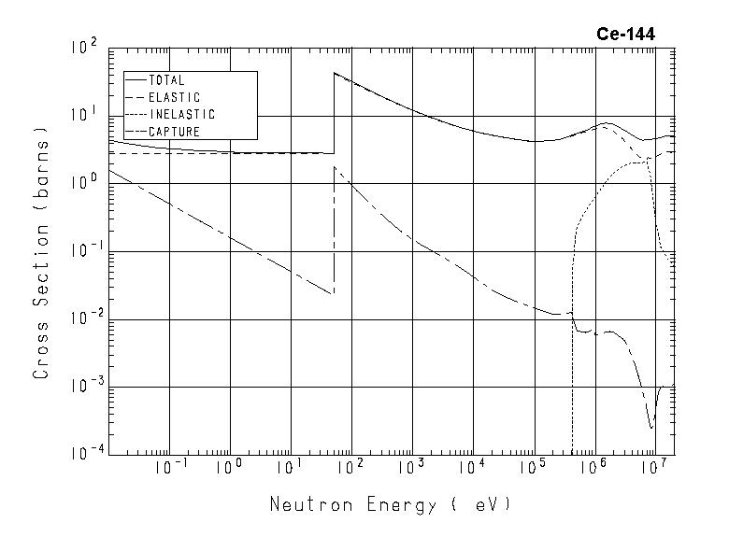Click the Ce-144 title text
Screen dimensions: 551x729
click(x=625, y=35)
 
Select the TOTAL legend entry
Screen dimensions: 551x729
click(x=166, y=80)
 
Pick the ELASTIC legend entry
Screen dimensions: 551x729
click(x=174, y=97)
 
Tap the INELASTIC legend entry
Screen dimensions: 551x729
click(x=181, y=115)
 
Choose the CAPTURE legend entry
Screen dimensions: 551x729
click(x=174, y=132)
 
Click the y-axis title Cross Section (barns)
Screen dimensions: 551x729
click(x=41, y=251)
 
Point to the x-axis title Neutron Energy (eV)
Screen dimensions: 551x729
click(x=391, y=505)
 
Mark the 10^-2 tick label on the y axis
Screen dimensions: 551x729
click(x=82, y=318)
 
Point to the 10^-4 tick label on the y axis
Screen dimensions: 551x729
click(x=82, y=454)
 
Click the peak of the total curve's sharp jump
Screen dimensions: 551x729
click(x=335, y=73)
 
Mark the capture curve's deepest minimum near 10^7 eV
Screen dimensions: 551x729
click(x=651, y=427)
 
